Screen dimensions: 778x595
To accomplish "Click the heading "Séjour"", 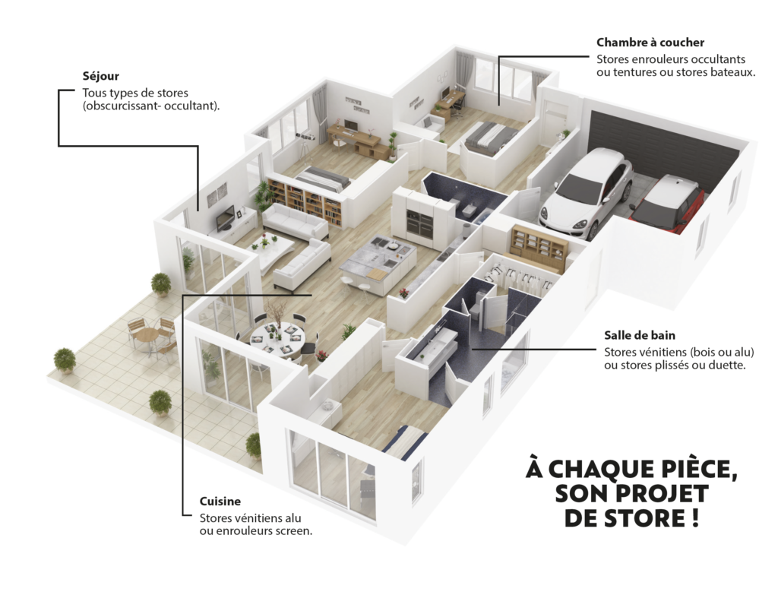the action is [101, 77].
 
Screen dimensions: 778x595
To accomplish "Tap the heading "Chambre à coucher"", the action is [650, 43].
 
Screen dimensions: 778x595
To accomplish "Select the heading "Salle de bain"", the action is [640, 335].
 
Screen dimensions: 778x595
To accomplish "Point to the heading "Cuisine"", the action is [220, 502].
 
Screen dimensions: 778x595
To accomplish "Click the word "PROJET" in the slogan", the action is [663, 493].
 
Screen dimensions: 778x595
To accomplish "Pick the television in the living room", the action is [225, 217].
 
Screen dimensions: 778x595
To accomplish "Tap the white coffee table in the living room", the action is [272, 245].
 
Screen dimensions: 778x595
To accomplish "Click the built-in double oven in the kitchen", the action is [419, 223].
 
